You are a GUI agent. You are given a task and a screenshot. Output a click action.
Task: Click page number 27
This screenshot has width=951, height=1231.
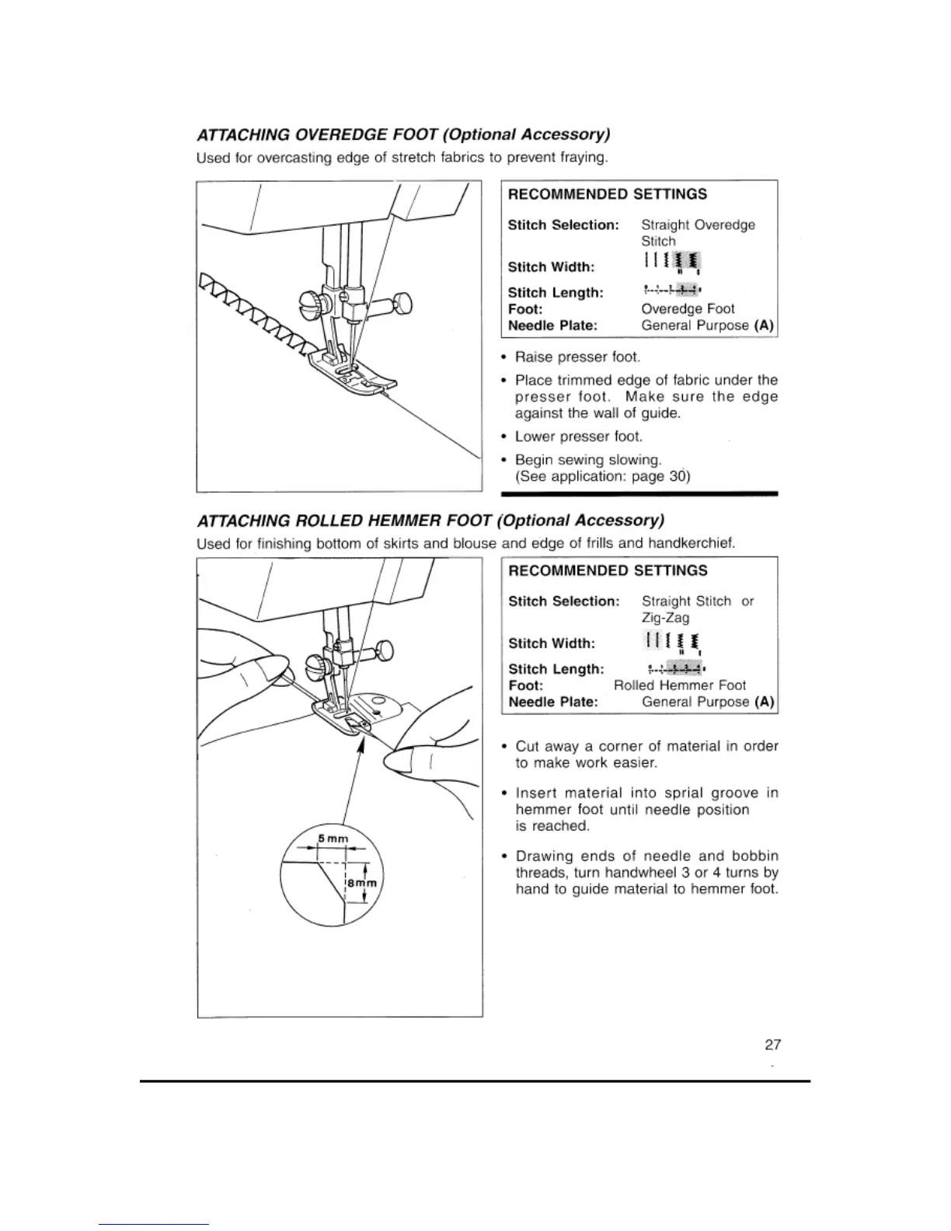[772, 1044]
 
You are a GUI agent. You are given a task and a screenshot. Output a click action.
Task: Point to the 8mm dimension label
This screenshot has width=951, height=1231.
[361, 884]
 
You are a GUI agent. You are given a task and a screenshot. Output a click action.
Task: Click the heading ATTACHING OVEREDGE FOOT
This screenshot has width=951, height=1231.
[402, 134]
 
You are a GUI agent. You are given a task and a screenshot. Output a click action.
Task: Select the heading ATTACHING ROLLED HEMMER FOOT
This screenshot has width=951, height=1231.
[431, 519]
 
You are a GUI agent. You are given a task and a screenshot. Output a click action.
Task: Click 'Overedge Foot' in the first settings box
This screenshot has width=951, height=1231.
[688, 309]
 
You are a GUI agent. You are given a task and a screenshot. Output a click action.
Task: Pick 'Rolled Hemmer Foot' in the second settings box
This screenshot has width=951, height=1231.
[679, 685]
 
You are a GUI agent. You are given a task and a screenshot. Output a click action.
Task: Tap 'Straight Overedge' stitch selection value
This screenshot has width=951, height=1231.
[698, 225]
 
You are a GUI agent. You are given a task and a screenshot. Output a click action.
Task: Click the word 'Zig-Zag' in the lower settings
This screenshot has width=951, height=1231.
[665, 618]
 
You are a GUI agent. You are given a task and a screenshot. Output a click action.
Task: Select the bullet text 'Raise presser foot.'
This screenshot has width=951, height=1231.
[577, 357]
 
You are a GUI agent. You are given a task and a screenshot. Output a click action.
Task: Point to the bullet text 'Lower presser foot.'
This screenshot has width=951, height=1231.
[579, 436]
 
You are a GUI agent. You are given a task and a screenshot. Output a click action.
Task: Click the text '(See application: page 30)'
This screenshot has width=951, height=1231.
[602, 476]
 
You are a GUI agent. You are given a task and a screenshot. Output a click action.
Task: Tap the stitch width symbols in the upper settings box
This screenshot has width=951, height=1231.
[671, 263]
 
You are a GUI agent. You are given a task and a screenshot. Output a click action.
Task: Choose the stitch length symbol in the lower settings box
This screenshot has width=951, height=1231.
[676, 668]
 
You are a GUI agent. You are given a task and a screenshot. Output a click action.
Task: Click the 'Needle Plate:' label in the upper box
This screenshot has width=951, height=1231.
[552, 326]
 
